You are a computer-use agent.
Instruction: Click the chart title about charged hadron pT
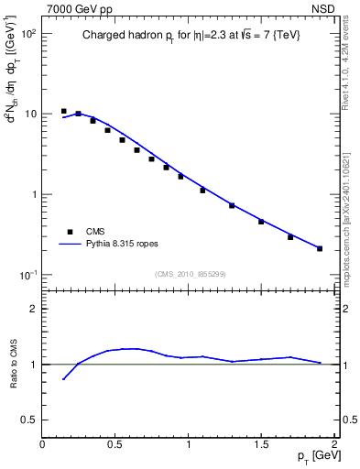(189, 35)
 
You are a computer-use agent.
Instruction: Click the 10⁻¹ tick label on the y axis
(26, 275)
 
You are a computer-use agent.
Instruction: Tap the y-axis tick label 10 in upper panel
(29, 115)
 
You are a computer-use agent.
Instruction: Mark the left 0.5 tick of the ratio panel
(30, 420)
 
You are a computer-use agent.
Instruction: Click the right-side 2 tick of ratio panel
(345, 309)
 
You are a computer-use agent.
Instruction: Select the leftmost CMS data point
(63, 111)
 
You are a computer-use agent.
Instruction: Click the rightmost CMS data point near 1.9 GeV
(320, 248)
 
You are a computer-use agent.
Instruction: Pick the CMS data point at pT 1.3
(232, 205)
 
